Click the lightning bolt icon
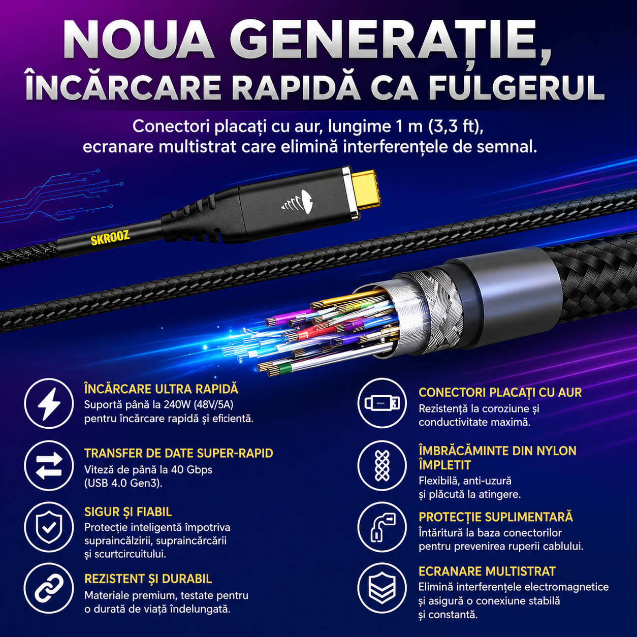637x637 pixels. click(49, 403)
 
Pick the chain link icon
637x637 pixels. click(49, 590)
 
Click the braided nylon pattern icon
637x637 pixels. click(382, 466)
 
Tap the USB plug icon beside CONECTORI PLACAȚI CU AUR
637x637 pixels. click(382, 403)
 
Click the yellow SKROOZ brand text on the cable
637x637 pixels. click(110, 238)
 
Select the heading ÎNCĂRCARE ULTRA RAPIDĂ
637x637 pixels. click(161, 389)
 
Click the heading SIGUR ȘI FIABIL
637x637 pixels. click(128, 512)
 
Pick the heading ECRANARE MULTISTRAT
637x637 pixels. click(487, 571)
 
